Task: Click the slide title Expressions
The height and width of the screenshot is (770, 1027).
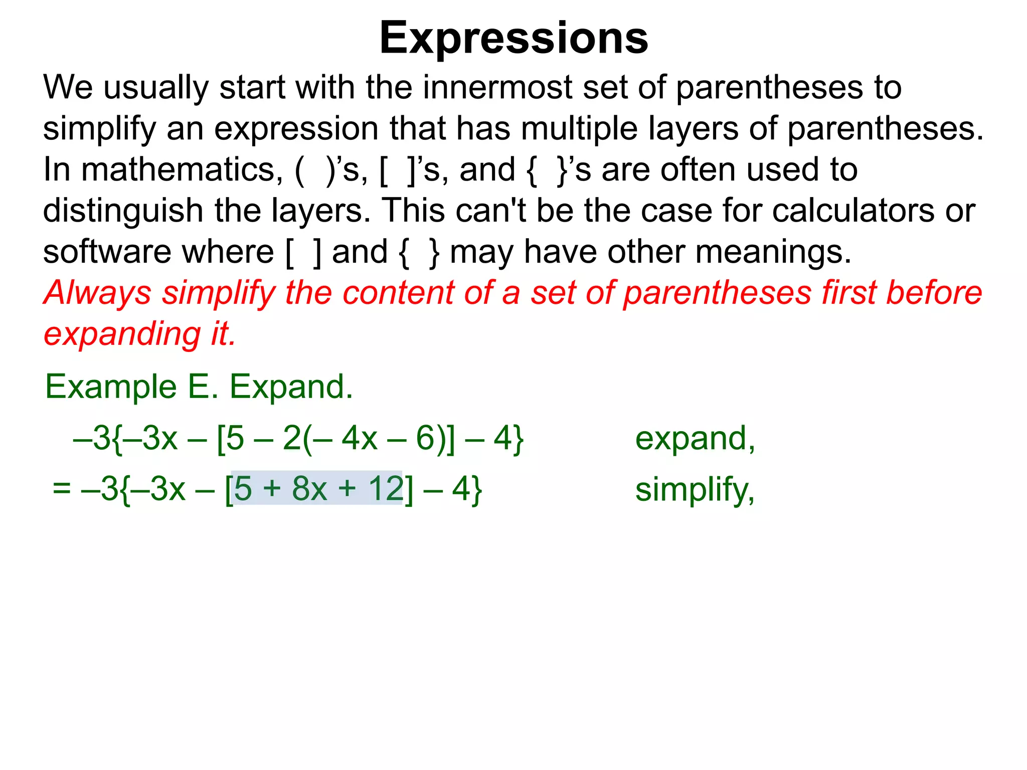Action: tap(513, 38)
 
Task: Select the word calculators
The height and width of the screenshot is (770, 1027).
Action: tap(852, 211)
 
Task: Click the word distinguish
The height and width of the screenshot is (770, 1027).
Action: tap(122, 211)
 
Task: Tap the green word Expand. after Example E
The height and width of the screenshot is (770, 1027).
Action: tap(291, 387)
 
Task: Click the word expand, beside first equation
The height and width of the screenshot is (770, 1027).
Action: tap(695, 439)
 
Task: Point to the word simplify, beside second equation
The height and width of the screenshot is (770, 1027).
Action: tap(695, 490)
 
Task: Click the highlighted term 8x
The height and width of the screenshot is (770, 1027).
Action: tap(309, 489)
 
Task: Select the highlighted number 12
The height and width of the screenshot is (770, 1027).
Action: tap(386, 489)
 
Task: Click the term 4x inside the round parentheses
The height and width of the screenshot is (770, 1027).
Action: tap(360, 439)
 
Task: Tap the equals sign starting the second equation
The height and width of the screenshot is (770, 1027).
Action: tap(62, 489)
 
